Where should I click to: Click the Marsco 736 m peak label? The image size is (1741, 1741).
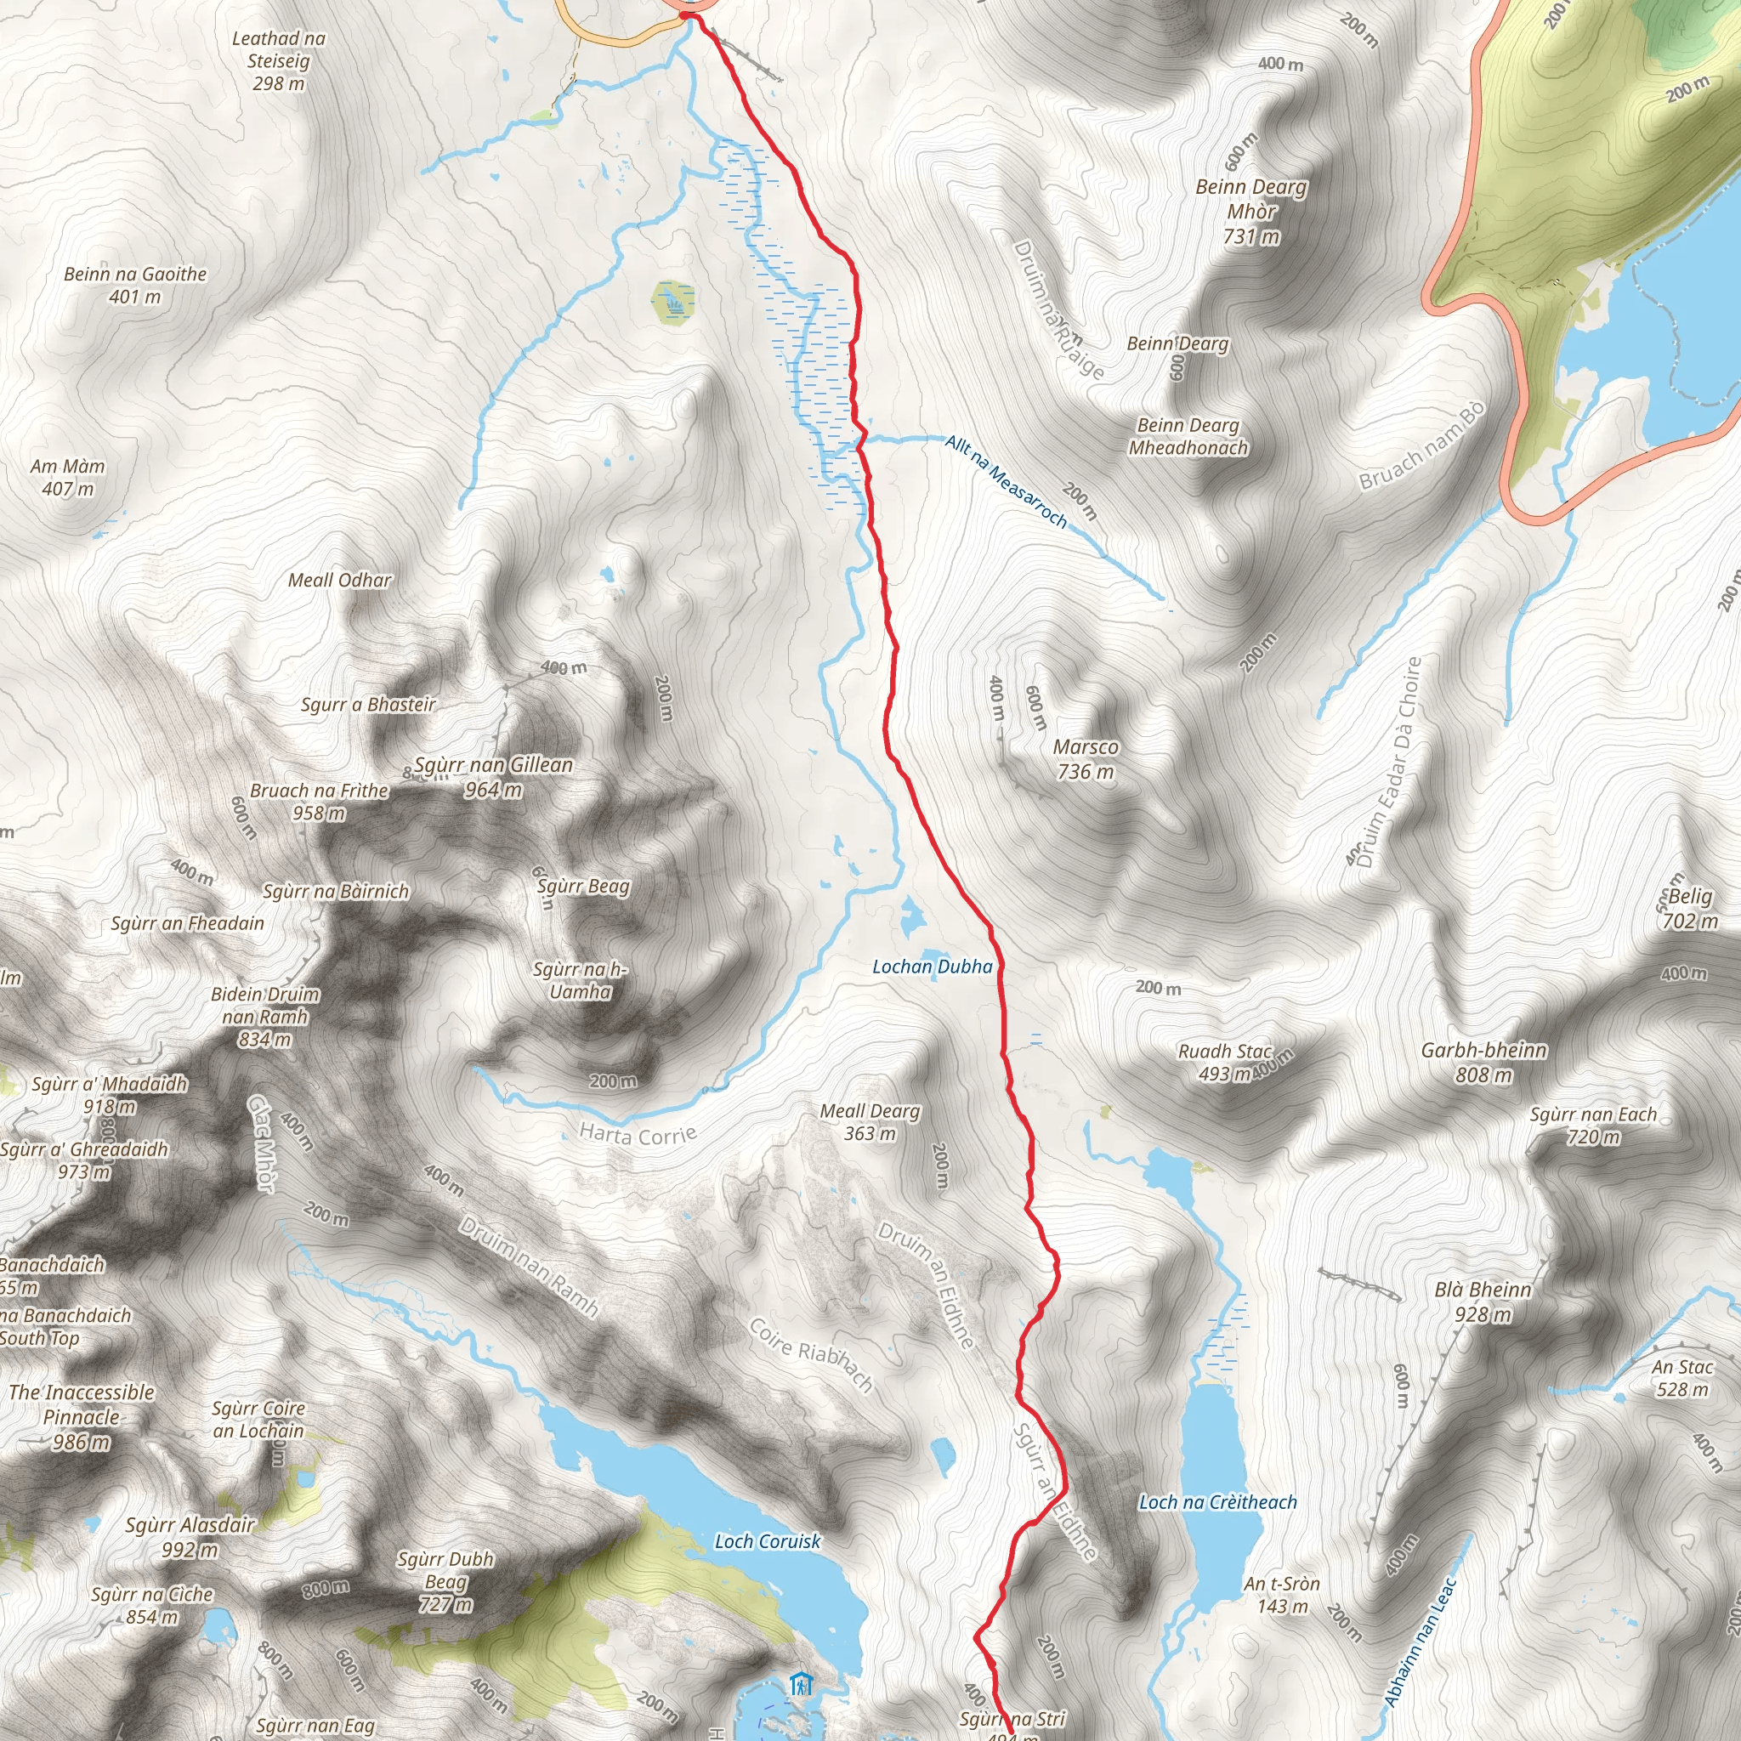click(x=1085, y=759)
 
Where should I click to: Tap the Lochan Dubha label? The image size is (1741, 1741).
click(x=932, y=967)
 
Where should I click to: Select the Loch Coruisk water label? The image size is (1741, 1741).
click(x=767, y=1541)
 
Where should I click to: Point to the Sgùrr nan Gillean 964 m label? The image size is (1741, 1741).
click(x=493, y=777)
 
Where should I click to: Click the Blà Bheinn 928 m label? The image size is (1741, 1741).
click(x=1483, y=1301)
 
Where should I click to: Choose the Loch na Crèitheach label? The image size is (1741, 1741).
click(x=1217, y=1502)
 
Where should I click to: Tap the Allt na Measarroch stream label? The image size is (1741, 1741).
click(x=1006, y=481)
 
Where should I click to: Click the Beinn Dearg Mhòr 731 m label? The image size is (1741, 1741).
click(x=1250, y=211)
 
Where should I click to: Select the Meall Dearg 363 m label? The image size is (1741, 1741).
click(x=870, y=1122)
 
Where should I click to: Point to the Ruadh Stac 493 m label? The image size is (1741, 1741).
click(x=1224, y=1062)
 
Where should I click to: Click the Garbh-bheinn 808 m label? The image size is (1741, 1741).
click(x=1483, y=1062)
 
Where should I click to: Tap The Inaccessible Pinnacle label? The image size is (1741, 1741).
click(x=81, y=1416)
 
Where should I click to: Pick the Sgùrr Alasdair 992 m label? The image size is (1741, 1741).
click(x=190, y=1536)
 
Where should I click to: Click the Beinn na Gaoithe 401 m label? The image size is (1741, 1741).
click(x=135, y=285)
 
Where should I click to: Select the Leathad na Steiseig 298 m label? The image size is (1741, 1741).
click(x=279, y=60)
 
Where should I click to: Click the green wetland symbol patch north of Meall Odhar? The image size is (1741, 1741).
click(x=672, y=301)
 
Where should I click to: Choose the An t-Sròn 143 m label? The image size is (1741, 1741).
click(x=1281, y=1595)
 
